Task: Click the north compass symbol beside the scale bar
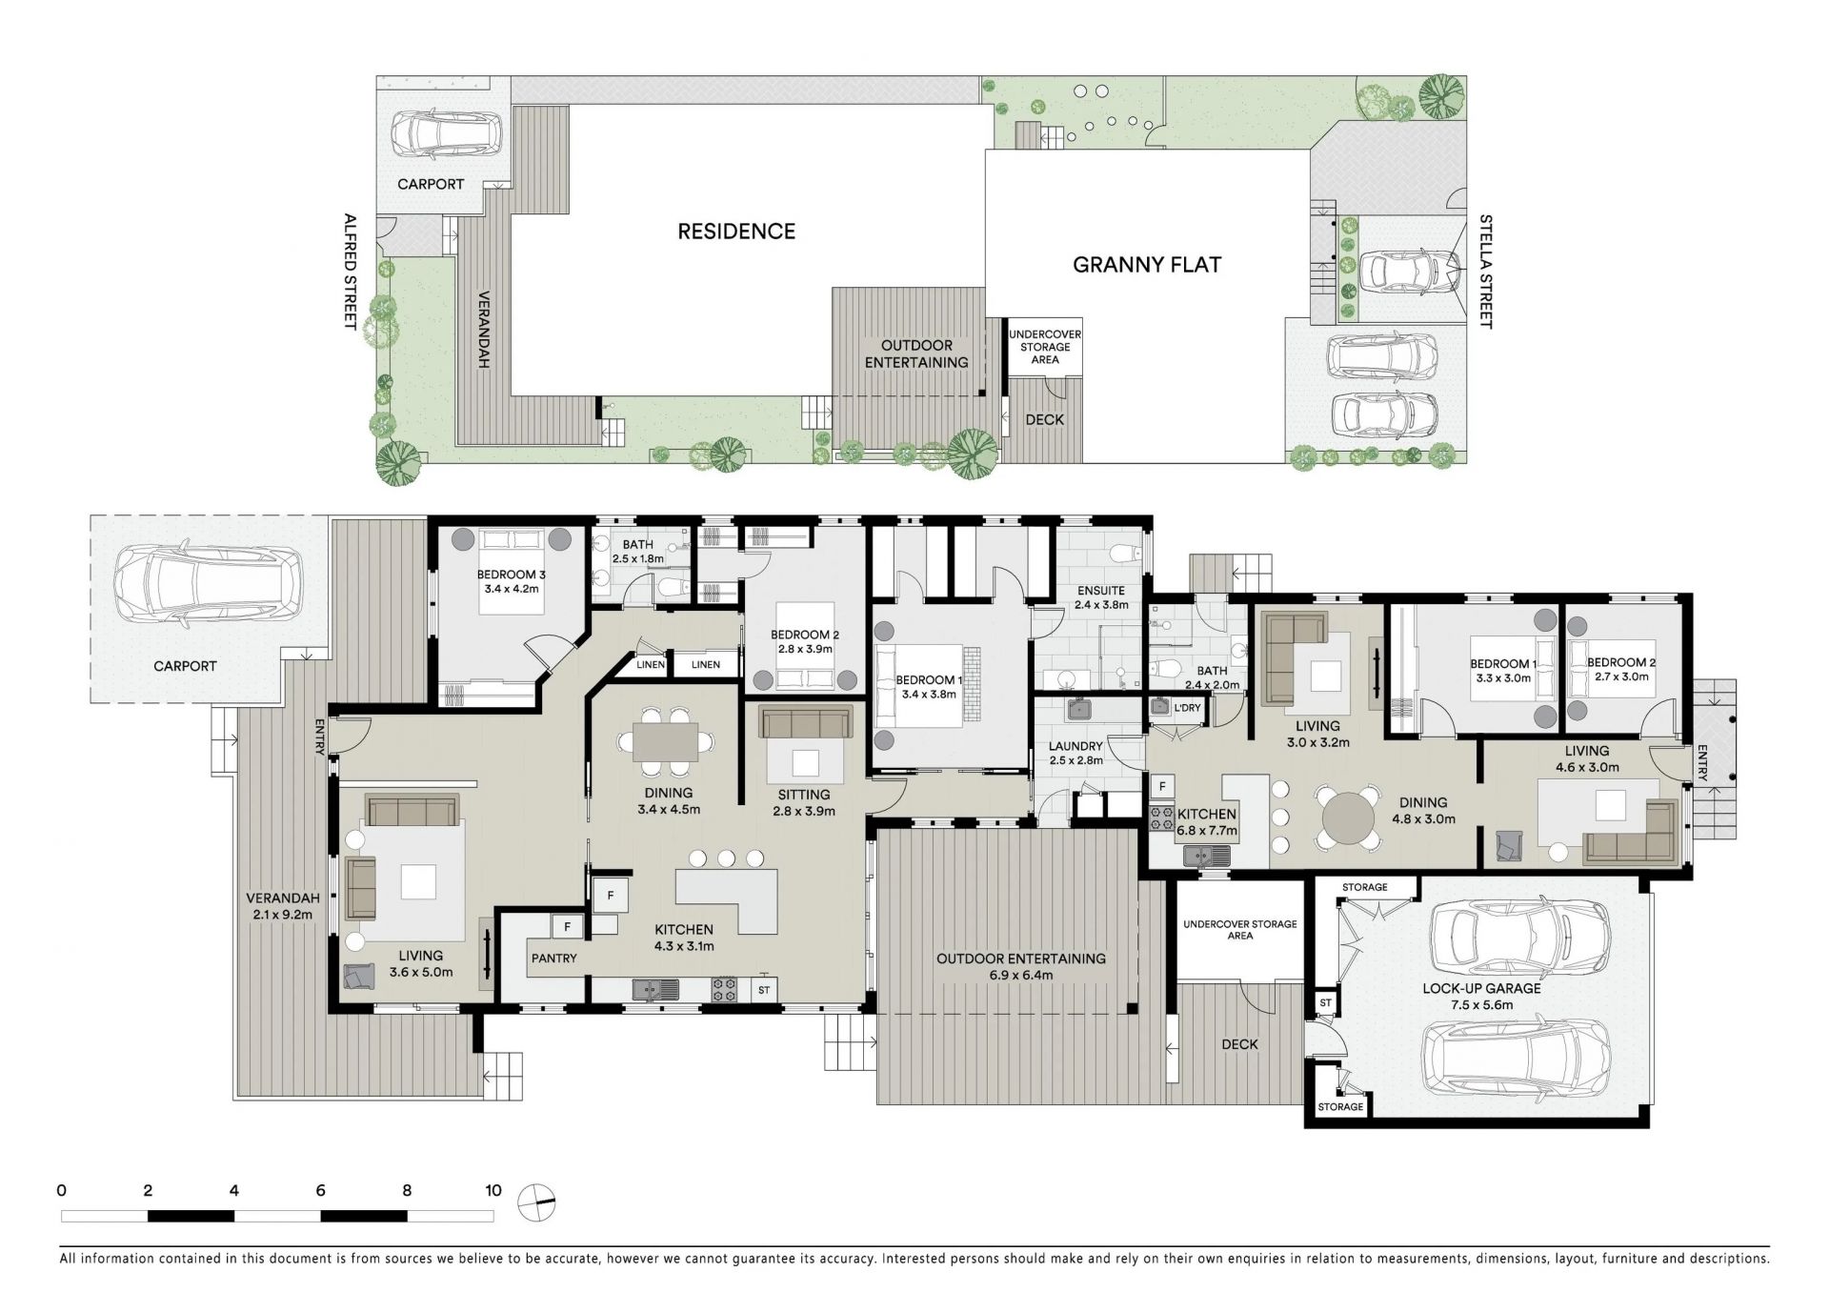[x=536, y=1203]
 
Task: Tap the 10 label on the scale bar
[x=492, y=1190]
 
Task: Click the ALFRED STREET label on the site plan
[x=350, y=272]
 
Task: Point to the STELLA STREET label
[x=1485, y=272]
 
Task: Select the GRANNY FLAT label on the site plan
[x=1147, y=265]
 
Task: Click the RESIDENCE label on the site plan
[x=736, y=232]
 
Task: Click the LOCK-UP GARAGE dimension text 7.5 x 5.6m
[x=1481, y=1004]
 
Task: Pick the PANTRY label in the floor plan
[x=554, y=958]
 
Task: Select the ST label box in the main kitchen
[x=764, y=990]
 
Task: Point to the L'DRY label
[x=1187, y=708]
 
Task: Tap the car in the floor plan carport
[x=208, y=584]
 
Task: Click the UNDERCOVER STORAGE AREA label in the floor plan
[x=1240, y=930]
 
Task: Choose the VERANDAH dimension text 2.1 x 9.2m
[x=279, y=914]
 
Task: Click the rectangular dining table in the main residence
[x=666, y=741]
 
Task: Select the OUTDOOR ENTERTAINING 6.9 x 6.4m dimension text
[x=1021, y=975]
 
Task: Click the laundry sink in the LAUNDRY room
[x=1080, y=710]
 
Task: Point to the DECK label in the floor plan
[x=1239, y=1044]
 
